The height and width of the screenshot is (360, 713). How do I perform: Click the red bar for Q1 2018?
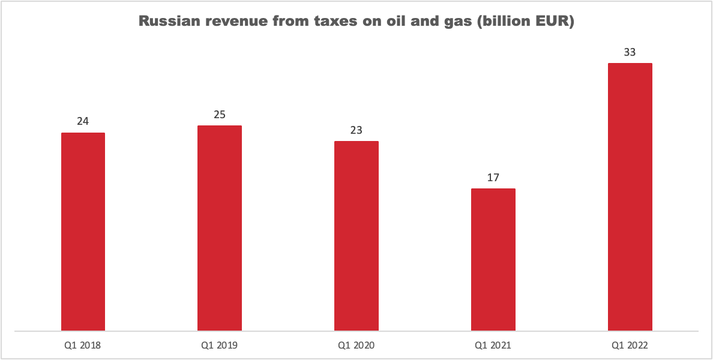tap(83, 232)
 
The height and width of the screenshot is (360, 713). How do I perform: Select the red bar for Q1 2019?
tap(220, 228)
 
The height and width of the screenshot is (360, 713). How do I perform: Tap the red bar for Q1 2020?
tap(356, 236)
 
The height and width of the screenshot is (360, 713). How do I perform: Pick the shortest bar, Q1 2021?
tap(493, 259)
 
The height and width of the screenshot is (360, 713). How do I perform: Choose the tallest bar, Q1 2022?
tap(630, 197)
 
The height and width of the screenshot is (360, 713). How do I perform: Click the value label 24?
tap(83, 121)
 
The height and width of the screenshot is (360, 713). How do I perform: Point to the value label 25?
tap(220, 114)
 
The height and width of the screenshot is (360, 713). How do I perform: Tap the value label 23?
tap(356, 130)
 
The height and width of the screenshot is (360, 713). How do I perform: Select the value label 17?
tap(493, 177)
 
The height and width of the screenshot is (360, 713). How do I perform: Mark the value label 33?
tap(630, 52)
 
